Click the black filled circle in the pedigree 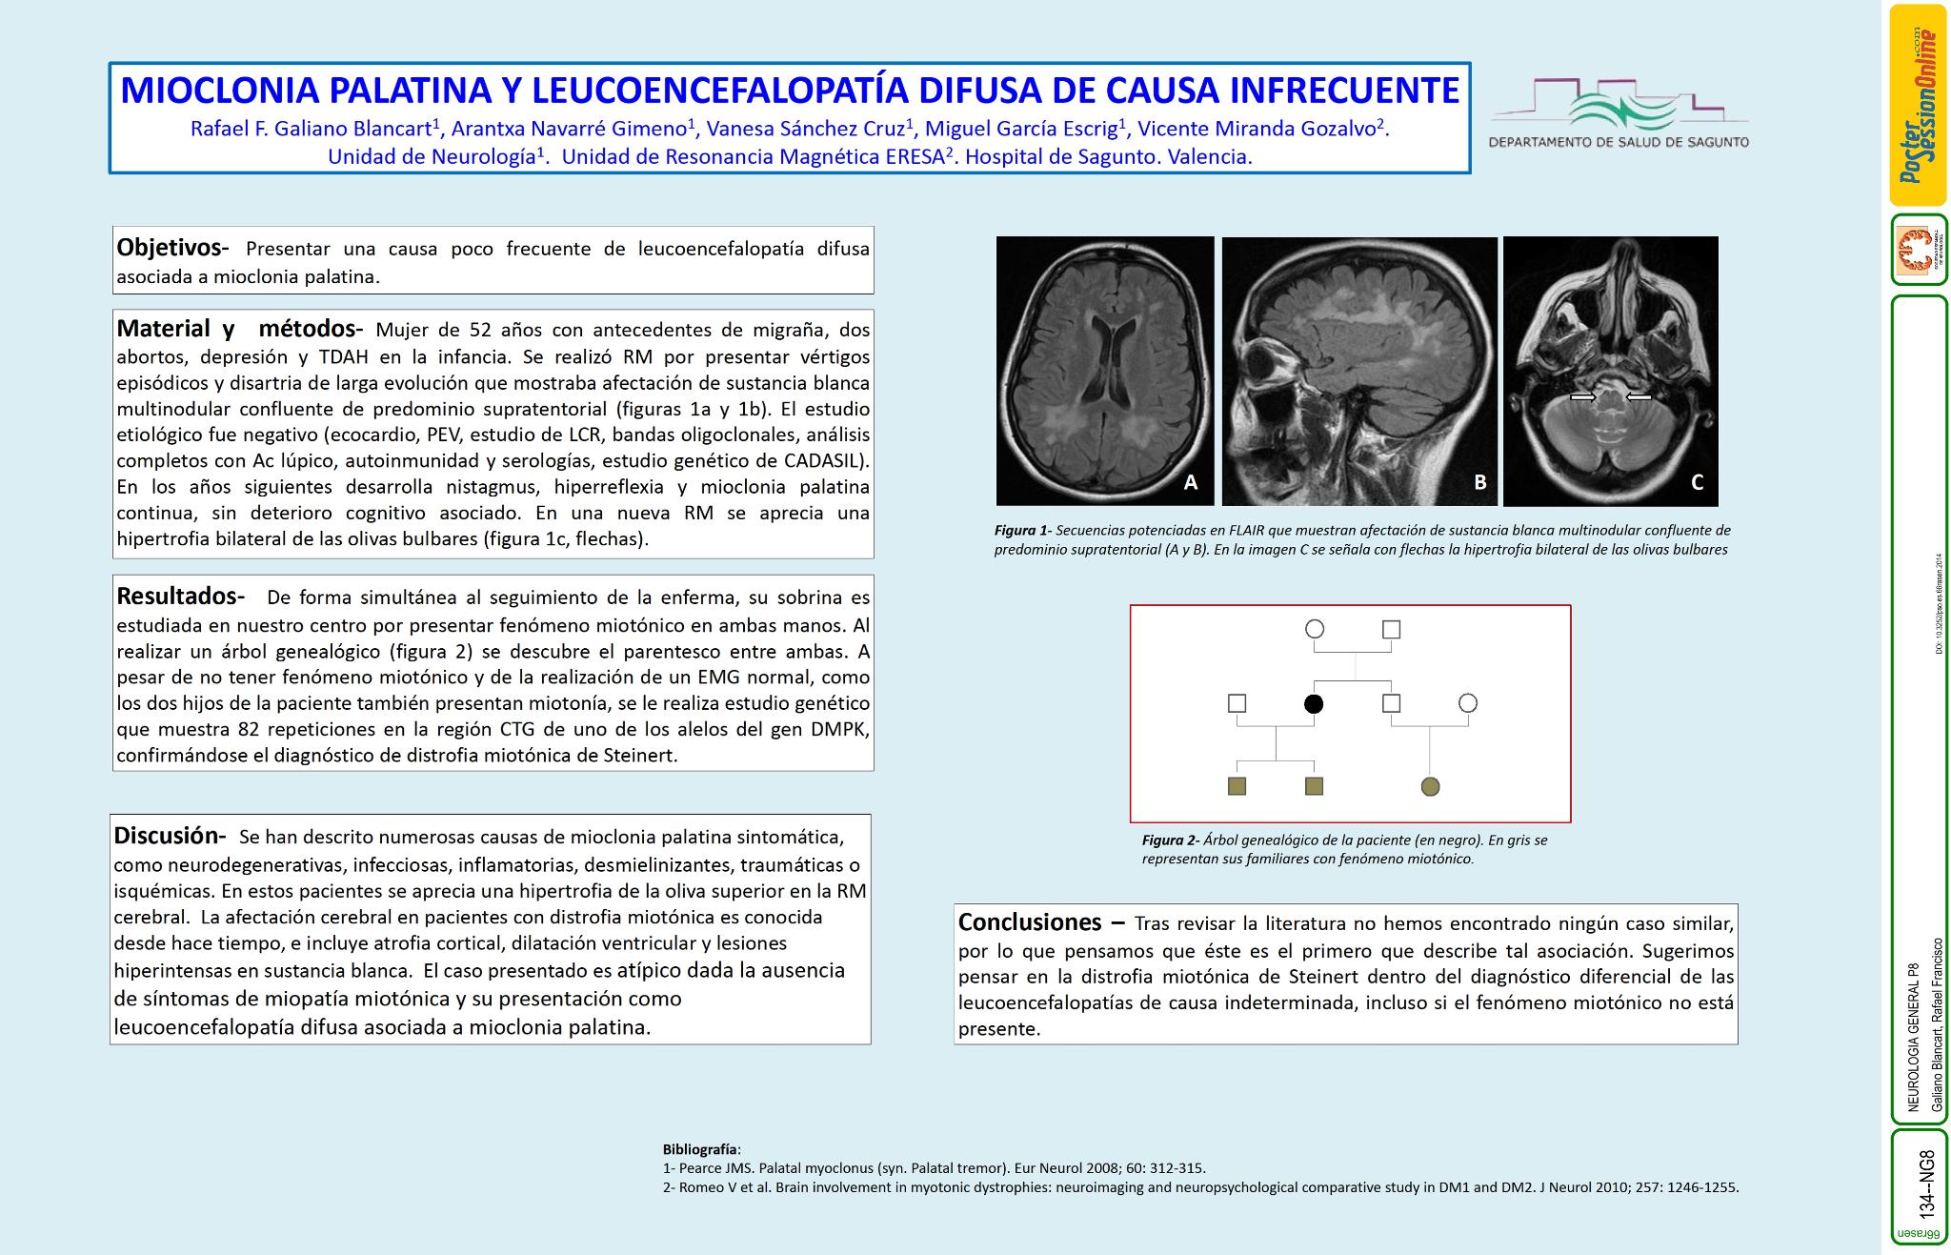pos(1314,704)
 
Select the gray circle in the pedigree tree pos(1430,786)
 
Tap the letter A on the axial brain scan pos(1190,482)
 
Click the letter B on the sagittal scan pos(1479,482)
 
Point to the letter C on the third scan pos(1697,482)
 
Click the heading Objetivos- pos(172,248)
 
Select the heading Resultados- pos(180,597)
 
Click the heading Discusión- pos(170,836)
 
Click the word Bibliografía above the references pos(700,1148)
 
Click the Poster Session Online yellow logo pos(1918,105)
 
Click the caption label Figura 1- pos(1022,530)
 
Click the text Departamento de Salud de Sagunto pos(1619,142)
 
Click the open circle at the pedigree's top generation pos(1315,629)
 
